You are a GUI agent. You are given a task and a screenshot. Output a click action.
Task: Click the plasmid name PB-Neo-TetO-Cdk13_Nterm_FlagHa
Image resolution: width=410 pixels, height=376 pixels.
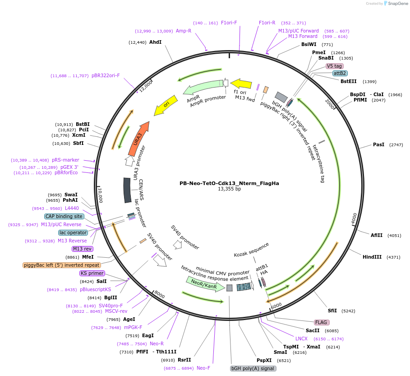point(229,183)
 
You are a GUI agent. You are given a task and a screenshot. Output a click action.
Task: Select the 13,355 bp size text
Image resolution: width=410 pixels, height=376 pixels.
point(229,189)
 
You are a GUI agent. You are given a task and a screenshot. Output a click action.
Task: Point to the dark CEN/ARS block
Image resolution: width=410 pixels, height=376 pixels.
point(128,190)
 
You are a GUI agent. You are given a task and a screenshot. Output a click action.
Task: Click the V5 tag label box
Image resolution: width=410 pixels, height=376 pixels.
point(334,66)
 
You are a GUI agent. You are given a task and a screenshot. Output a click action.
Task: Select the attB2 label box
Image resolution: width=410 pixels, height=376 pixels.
point(340,73)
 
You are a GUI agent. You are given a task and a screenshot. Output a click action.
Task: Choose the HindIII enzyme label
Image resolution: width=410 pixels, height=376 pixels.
point(372,257)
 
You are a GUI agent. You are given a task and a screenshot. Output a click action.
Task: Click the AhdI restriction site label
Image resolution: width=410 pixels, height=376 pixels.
point(155,42)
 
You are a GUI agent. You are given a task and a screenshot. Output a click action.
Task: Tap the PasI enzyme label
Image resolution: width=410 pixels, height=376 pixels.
point(378,144)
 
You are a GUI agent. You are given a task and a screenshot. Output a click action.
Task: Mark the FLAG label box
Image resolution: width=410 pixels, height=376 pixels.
point(321,322)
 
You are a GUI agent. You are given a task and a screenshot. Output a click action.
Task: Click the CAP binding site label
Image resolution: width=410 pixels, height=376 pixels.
point(64,216)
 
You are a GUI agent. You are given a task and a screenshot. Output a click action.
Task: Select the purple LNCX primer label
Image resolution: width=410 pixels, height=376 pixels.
point(301,338)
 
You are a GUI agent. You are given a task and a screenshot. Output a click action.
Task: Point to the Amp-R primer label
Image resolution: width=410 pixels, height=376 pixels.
point(184,31)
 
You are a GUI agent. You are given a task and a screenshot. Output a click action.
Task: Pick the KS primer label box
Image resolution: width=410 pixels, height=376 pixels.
point(92,273)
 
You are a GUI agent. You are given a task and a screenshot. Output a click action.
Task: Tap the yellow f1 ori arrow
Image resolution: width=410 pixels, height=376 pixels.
point(241,84)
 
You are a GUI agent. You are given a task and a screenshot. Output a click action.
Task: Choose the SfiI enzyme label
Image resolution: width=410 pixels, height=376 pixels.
point(332,311)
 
